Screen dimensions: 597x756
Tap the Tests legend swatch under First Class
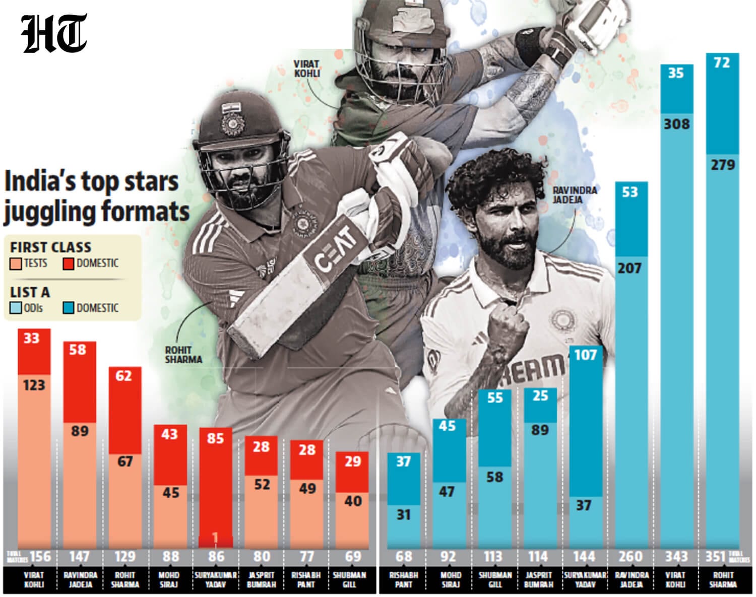click(x=16, y=263)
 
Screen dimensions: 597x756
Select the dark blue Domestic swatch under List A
click(x=69, y=308)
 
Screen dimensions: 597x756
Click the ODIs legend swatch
click(x=16, y=308)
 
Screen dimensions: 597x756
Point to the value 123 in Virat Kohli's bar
click(x=34, y=385)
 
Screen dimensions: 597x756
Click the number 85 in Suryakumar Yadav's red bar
click(x=215, y=439)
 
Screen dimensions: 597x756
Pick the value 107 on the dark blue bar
click(x=585, y=355)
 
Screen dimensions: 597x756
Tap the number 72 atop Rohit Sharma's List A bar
click(x=722, y=63)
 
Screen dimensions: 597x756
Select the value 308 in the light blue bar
click(x=676, y=124)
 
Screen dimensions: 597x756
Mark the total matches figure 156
click(x=40, y=557)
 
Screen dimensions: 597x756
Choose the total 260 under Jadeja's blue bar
click(x=631, y=557)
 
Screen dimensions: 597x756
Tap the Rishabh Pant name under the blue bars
click(x=404, y=580)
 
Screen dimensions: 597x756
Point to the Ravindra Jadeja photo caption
click(x=575, y=194)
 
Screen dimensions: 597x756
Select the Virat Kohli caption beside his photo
click(x=307, y=69)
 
